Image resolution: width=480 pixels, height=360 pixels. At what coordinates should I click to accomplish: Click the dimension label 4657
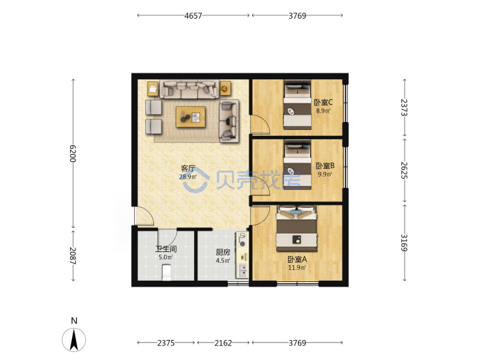point(193,15)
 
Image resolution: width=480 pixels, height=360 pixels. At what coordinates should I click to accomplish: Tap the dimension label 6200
point(73,153)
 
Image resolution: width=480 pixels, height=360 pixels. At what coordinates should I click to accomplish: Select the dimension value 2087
point(73,255)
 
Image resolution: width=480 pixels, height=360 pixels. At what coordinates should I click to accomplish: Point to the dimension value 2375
point(166,343)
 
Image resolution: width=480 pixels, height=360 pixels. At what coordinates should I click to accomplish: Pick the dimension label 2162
point(223,343)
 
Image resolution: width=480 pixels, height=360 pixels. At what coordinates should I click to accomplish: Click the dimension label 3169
point(405,243)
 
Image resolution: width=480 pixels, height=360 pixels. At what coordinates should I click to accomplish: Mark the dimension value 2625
point(405,170)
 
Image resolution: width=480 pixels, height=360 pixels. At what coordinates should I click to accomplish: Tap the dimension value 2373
point(405,107)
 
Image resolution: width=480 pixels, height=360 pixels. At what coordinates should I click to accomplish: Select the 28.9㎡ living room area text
point(187,177)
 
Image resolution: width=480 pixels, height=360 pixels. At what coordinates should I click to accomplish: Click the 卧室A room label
point(297,259)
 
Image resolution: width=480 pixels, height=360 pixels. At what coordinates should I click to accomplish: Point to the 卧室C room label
point(323,102)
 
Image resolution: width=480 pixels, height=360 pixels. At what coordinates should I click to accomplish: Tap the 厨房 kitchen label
point(223,252)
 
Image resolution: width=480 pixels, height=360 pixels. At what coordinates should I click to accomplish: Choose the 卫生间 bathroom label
point(166,249)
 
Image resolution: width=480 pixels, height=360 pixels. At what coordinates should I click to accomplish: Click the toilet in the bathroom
point(166,273)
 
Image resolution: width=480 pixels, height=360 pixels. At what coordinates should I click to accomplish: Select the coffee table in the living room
point(191,117)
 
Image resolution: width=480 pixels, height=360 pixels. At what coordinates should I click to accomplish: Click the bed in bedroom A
point(297,229)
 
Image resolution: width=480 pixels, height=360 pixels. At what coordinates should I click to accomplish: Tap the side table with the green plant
point(225,89)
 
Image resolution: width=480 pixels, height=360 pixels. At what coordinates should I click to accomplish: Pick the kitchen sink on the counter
point(243,270)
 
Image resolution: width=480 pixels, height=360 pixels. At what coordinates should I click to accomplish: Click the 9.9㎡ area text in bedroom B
point(325,174)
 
